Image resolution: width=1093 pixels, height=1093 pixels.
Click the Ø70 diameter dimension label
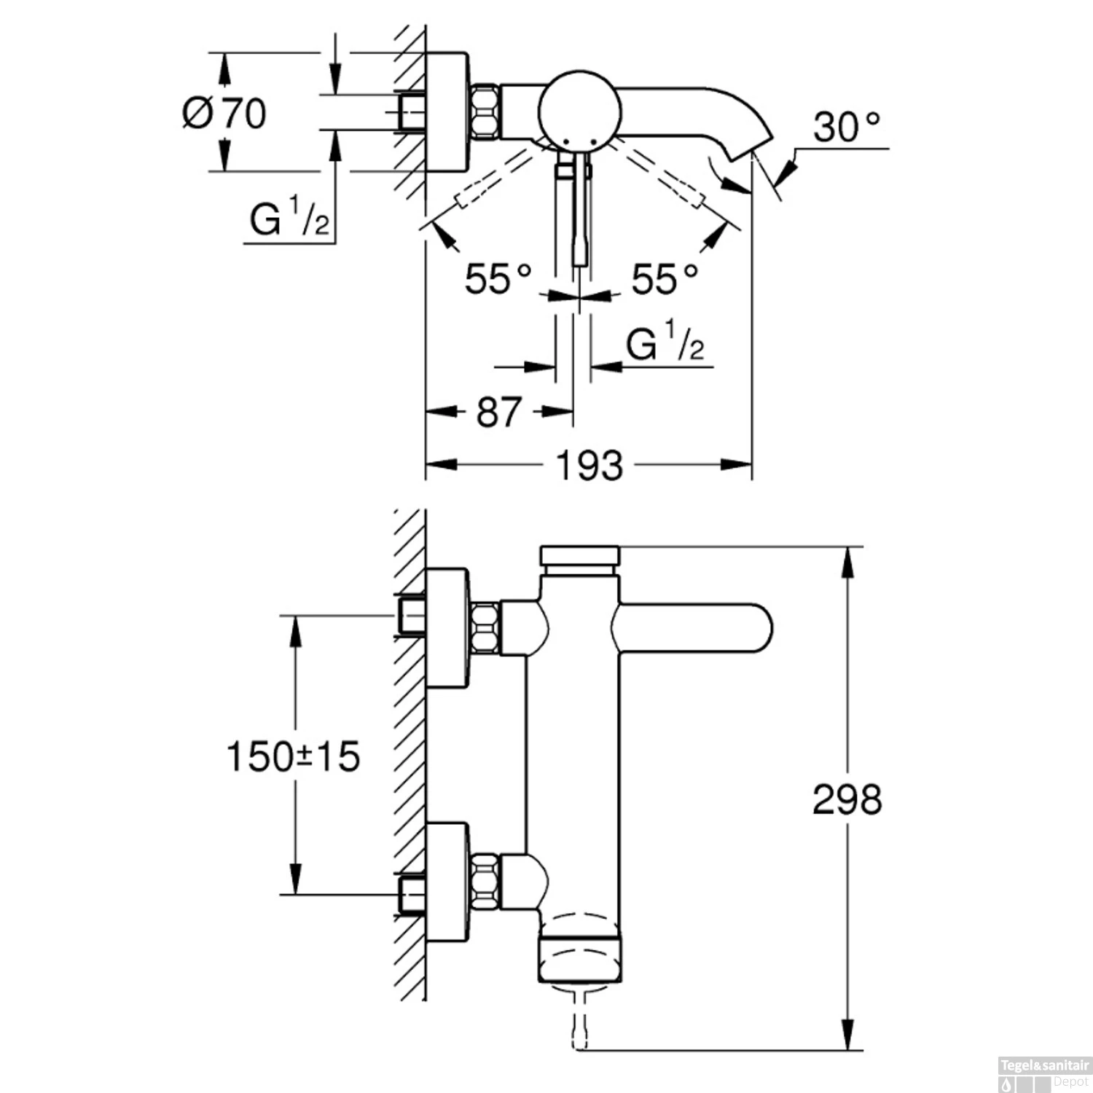tap(224, 114)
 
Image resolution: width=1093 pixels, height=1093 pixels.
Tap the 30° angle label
tap(847, 128)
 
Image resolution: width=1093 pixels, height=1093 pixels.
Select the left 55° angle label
tap(498, 279)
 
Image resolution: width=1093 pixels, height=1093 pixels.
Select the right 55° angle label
tap(665, 279)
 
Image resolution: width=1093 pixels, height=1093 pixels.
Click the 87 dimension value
tap(499, 412)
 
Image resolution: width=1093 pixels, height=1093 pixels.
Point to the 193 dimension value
tap(589, 466)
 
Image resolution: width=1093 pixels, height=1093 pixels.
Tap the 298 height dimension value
tap(847, 799)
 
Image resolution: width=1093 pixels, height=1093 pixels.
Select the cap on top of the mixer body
tap(580, 555)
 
